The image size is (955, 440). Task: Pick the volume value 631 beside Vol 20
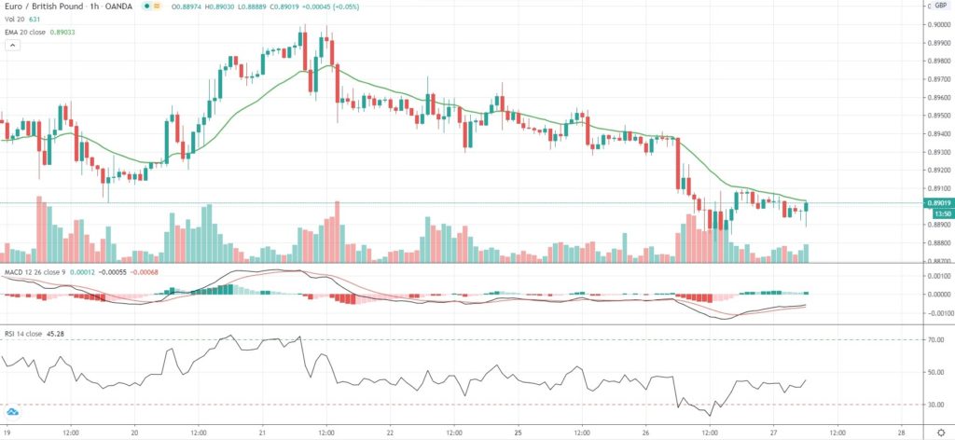pyautogui.click(x=35, y=19)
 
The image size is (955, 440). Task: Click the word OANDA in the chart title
pyautogui.click(x=123, y=7)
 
